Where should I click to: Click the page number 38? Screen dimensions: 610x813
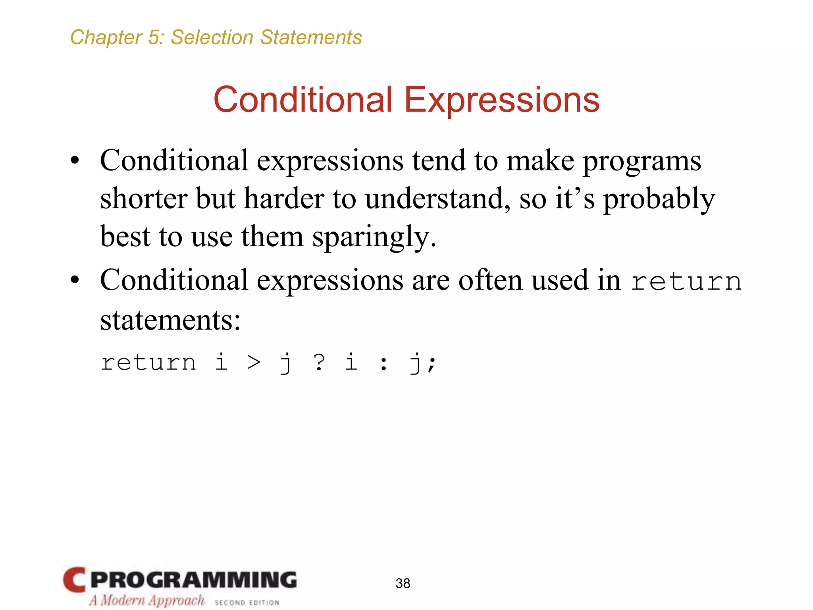point(403,583)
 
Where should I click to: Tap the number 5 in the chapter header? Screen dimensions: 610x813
point(154,37)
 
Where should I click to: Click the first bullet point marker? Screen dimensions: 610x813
point(75,161)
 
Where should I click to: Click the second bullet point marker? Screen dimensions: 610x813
point(75,280)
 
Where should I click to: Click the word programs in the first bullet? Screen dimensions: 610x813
point(642,162)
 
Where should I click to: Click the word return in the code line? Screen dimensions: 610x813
point(148,363)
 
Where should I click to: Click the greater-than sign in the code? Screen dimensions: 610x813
point(254,363)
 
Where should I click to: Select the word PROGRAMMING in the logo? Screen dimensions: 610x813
point(193,580)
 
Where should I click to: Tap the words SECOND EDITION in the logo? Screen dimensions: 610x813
point(247,602)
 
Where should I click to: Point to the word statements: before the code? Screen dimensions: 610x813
point(170,320)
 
